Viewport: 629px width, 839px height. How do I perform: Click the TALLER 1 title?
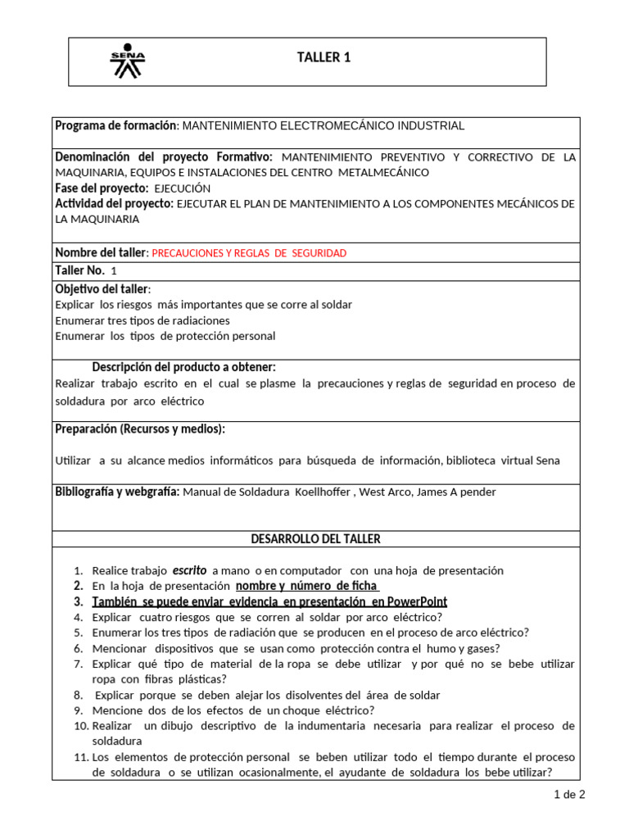pyautogui.click(x=323, y=57)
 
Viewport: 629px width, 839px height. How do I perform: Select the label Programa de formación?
pyautogui.click(x=115, y=125)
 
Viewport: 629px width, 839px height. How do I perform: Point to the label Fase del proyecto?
pyautogui.click(x=102, y=188)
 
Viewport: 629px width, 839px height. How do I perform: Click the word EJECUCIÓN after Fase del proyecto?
pyautogui.click(x=183, y=188)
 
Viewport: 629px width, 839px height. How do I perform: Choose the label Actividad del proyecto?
pyautogui.click(x=113, y=203)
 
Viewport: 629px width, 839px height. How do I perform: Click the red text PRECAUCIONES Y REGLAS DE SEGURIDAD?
pyautogui.click(x=249, y=253)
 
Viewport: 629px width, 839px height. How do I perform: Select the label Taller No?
pyautogui.click(x=79, y=270)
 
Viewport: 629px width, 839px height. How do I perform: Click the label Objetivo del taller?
pyautogui.click(x=102, y=288)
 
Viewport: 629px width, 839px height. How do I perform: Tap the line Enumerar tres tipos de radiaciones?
pyautogui.click(x=143, y=320)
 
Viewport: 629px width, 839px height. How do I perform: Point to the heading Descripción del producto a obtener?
pyautogui.click(x=183, y=366)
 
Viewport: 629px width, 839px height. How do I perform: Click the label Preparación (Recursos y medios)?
pyautogui.click(x=139, y=429)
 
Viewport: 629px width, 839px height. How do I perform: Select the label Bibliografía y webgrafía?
pyautogui.click(x=117, y=492)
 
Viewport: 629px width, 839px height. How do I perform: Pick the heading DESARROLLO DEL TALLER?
pyautogui.click(x=314, y=538)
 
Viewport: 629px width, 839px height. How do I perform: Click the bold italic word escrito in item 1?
pyautogui.click(x=188, y=569)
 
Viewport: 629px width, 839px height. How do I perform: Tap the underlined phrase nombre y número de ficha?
pyautogui.click(x=306, y=586)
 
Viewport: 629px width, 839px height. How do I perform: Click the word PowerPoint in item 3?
pyautogui.click(x=417, y=601)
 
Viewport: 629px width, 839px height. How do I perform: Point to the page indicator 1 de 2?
pyautogui.click(x=569, y=794)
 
